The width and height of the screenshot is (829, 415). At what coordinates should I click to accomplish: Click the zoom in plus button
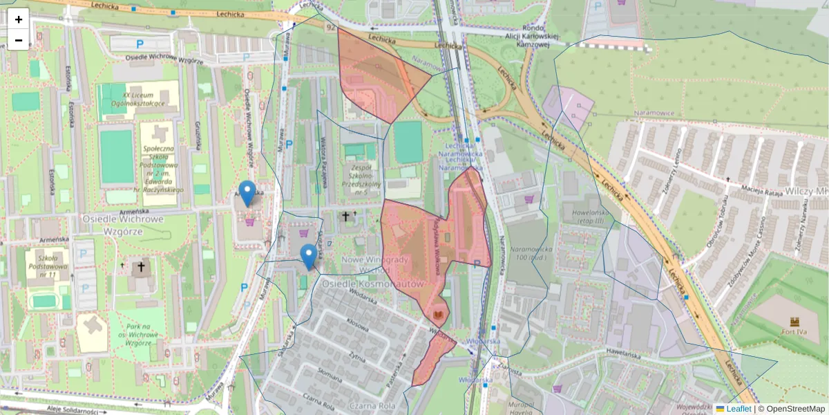pyautogui.click(x=19, y=19)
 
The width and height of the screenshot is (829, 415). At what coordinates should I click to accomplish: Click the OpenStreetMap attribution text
pyautogui.click(x=795, y=409)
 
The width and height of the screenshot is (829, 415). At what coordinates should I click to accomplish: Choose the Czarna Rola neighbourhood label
pyautogui.click(x=372, y=406)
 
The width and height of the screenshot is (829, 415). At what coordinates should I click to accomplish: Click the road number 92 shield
pyautogui.click(x=332, y=28)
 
